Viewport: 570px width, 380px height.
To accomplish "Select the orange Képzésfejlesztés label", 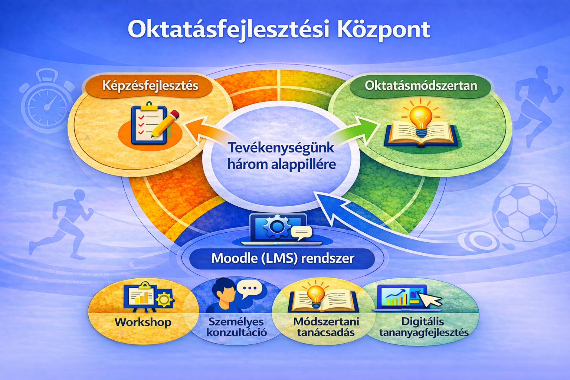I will click(x=150, y=86).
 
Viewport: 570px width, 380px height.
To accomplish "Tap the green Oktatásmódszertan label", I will click(x=420, y=86).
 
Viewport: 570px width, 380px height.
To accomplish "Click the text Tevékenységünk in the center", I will click(x=281, y=148).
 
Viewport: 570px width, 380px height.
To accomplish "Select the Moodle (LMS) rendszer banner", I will click(x=282, y=258).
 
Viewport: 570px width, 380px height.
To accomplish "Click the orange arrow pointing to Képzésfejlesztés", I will click(x=200, y=130).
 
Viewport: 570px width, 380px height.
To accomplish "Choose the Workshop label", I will click(x=143, y=322).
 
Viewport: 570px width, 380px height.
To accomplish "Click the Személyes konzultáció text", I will click(x=236, y=327).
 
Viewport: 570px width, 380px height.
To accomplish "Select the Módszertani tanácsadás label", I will click(x=326, y=327).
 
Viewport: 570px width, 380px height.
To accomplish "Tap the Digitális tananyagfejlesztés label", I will click(x=423, y=327).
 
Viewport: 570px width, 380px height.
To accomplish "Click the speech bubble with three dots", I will click(x=249, y=288).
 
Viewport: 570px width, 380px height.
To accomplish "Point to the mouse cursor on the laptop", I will click(x=430, y=299).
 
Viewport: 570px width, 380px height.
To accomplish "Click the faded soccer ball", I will click(x=524, y=213).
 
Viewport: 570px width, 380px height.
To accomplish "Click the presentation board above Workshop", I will click(x=140, y=297).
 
